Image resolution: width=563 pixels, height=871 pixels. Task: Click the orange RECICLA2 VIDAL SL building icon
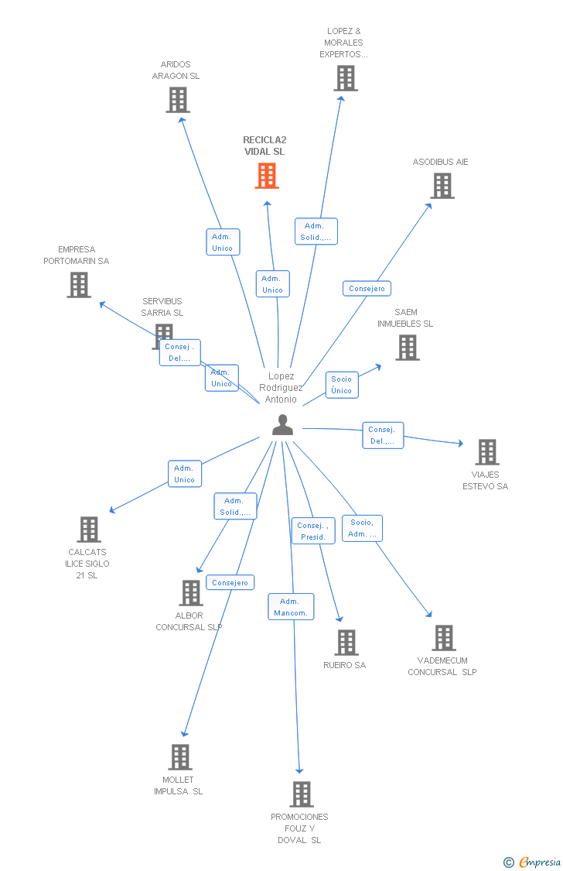tap(267, 176)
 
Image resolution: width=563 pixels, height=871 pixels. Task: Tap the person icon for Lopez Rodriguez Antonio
tap(282, 424)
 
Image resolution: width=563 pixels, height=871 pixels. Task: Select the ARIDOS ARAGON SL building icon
tap(178, 100)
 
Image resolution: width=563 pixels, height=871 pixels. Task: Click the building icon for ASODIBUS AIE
tap(442, 186)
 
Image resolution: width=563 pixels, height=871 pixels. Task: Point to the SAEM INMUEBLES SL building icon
tap(408, 348)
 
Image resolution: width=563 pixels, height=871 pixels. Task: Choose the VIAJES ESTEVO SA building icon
tap(487, 452)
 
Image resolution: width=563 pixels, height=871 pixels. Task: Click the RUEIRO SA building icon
tap(346, 643)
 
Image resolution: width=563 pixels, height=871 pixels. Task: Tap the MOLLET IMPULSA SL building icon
tap(180, 757)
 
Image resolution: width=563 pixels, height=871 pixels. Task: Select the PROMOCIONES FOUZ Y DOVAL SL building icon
tap(302, 794)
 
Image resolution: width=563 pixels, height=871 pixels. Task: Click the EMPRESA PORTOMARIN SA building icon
tap(79, 285)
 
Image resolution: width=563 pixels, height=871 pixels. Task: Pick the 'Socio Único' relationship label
tap(342, 385)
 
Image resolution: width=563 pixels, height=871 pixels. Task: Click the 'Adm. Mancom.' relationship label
tap(291, 607)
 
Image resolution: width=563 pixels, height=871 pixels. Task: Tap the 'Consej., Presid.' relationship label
tap(313, 531)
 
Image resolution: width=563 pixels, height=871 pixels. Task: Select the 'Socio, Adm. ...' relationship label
tap(362, 528)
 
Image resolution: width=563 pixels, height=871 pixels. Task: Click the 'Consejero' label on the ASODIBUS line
tap(367, 289)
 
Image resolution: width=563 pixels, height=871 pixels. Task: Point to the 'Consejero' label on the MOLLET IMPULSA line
tap(230, 583)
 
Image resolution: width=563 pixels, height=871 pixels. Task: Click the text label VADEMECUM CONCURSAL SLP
tap(442, 667)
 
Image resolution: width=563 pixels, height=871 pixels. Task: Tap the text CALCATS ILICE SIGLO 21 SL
tap(87, 564)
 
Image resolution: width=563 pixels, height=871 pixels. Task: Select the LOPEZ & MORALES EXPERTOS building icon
tap(346, 78)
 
